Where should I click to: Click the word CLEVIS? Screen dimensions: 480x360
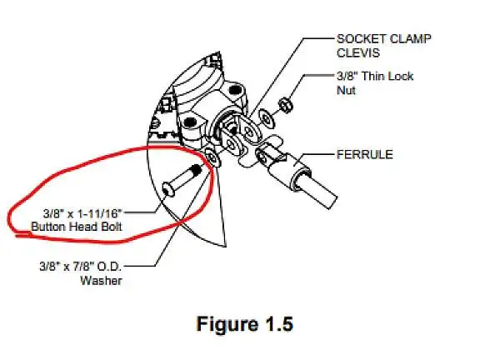click(358, 52)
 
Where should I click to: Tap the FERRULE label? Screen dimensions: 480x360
click(365, 154)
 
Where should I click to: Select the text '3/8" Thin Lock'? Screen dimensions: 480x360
click(375, 76)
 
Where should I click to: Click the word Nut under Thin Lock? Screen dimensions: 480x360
click(346, 90)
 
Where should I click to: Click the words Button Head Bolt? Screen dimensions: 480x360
click(77, 227)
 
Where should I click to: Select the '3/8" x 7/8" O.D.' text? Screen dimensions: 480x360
click(81, 267)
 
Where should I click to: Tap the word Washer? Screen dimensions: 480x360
click(101, 280)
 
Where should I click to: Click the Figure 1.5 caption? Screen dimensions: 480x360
click(245, 324)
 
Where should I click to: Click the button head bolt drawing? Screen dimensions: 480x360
click(182, 180)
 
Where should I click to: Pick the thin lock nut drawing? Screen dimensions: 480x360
click(286, 105)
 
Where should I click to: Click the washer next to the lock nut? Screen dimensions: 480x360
click(267, 119)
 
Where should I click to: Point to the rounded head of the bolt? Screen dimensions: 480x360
click(168, 189)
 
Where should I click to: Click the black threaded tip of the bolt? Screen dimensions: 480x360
click(196, 169)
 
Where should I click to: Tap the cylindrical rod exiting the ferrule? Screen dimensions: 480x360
click(318, 190)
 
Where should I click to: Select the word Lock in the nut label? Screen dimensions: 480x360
click(400, 76)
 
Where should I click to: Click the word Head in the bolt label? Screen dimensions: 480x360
click(82, 227)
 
